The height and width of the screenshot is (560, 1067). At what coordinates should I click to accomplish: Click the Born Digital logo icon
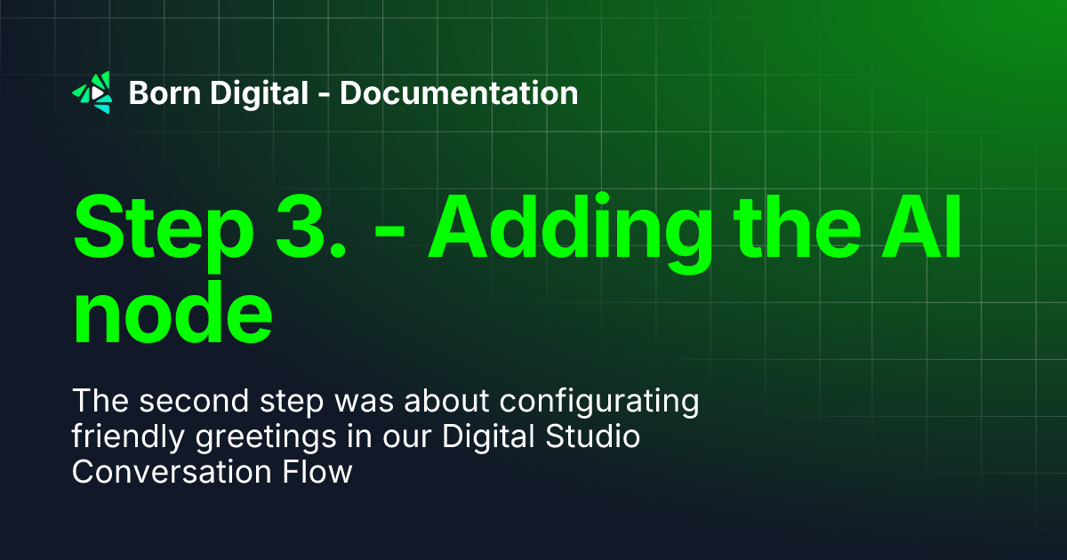(x=92, y=92)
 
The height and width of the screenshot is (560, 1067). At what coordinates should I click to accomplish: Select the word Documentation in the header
(x=459, y=92)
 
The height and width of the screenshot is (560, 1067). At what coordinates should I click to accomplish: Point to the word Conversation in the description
(x=173, y=472)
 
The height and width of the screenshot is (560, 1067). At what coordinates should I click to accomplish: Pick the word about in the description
(x=447, y=402)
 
